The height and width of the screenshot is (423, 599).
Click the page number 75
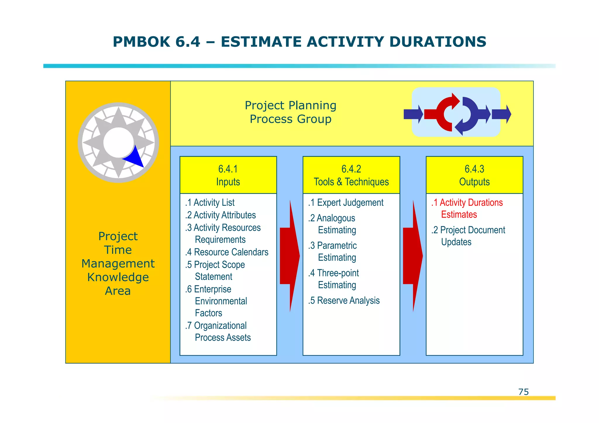pos(523,392)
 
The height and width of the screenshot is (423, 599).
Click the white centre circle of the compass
pos(118,142)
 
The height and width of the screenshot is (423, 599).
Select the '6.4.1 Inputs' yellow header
pos(228,175)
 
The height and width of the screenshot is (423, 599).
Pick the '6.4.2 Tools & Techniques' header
pos(351,175)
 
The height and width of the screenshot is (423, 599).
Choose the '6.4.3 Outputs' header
pos(474,175)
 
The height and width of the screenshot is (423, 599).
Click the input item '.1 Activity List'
pos(210,203)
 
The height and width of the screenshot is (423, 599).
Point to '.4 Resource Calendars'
pos(227,252)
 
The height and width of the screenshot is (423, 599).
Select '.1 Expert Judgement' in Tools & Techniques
pos(346,203)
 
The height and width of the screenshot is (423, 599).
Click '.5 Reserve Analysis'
pos(344,301)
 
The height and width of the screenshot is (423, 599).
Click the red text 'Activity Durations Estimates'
pos(467,208)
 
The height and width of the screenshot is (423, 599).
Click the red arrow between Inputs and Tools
pos(289,256)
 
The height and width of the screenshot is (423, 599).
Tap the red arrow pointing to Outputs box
pos(412,256)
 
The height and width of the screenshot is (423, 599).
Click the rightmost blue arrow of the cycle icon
pos(501,114)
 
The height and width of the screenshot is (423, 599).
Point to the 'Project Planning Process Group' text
pos(290,112)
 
